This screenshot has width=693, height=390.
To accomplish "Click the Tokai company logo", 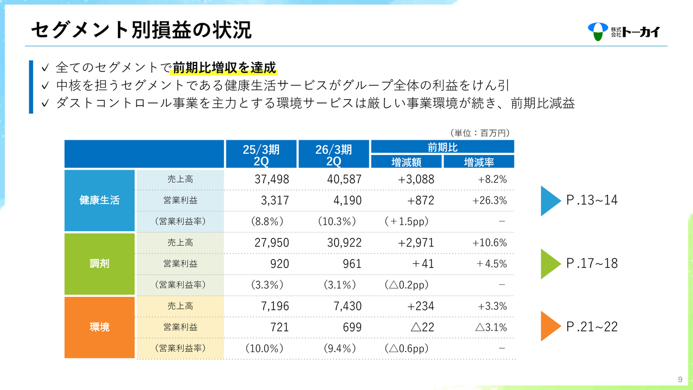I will [624, 31].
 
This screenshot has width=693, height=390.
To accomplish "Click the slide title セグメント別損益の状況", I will [141, 30].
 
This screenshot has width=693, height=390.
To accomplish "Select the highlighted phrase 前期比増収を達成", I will [225, 68].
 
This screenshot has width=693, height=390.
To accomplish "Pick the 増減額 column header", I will [406, 161].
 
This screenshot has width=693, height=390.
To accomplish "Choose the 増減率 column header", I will [479, 161].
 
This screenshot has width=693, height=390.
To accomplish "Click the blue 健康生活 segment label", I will [100, 200].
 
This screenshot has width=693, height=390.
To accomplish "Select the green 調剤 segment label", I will [100, 264].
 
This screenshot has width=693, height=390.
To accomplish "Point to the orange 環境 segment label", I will [100, 327].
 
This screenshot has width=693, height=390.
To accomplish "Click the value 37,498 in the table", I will [272, 179].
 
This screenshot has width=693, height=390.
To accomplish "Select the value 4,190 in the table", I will [344, 200].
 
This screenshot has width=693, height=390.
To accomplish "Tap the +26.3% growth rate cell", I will [489, 200].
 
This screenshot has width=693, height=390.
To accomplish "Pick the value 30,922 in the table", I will [344, 243].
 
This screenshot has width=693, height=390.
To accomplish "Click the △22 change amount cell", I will [422, 327].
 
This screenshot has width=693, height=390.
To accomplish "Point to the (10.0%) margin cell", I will [265, 348].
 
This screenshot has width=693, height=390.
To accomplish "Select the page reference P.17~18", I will [591, 264].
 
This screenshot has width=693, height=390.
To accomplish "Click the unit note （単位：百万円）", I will [480, 132].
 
